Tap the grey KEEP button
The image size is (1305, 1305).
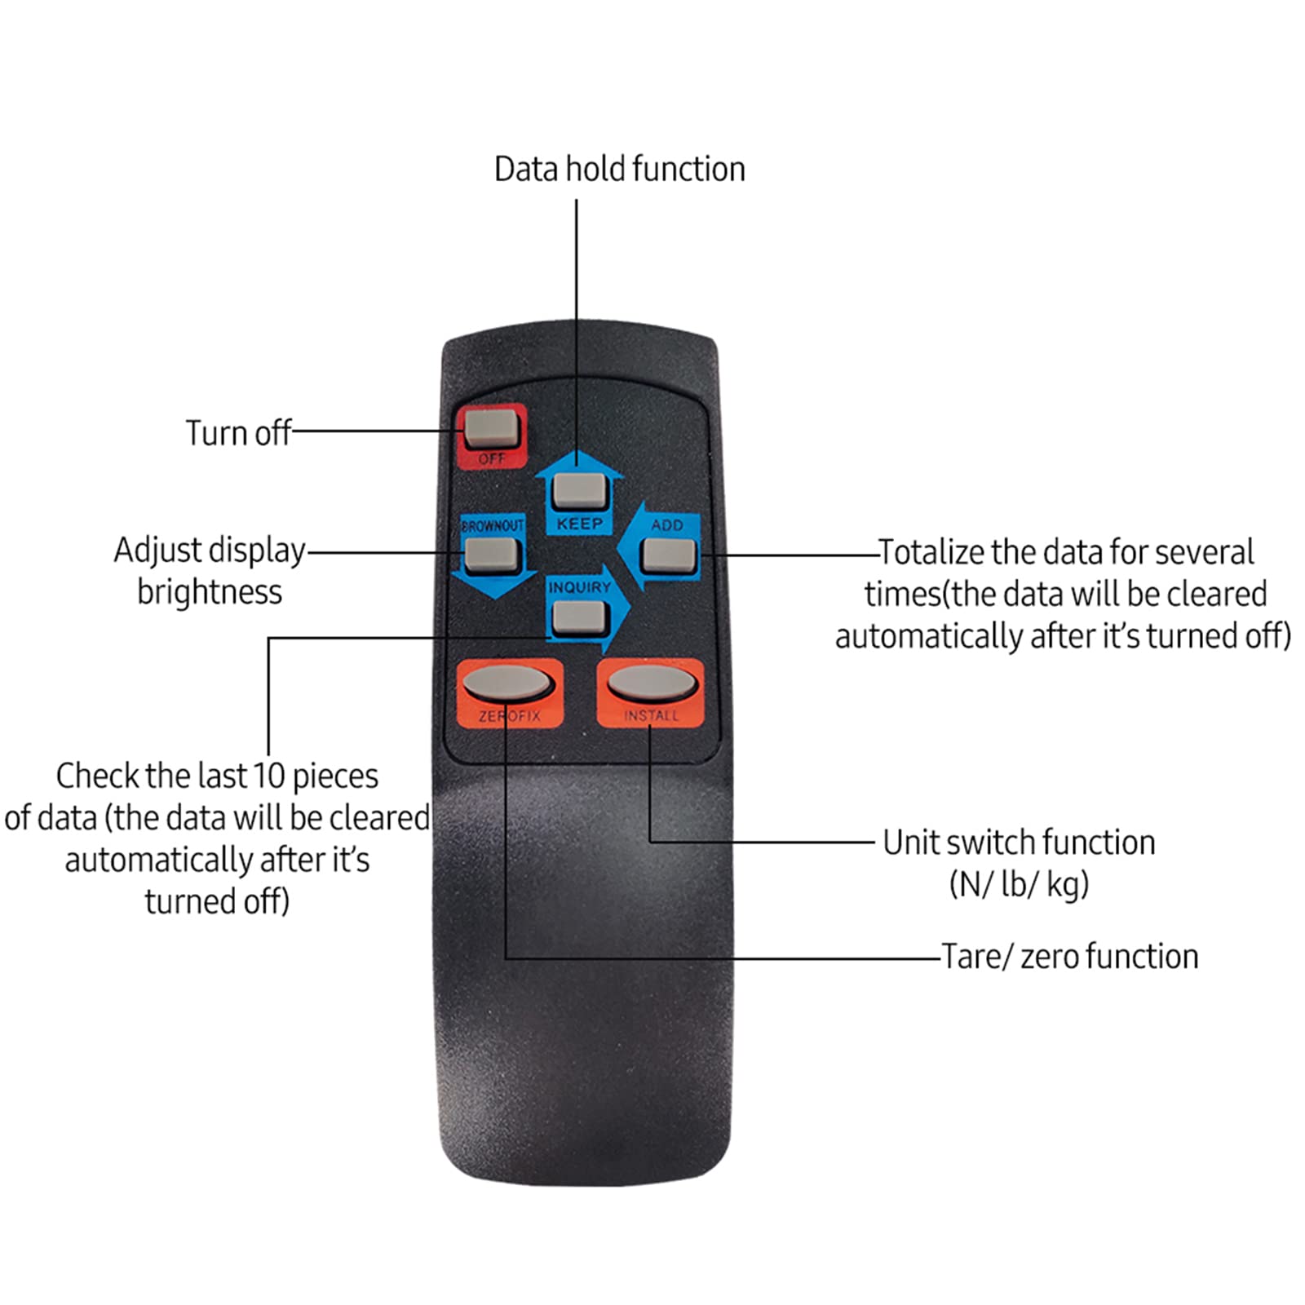[578, 490]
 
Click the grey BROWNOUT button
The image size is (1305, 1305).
[491, 555]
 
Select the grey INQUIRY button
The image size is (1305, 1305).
[578, 617]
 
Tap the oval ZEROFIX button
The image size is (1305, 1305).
[507, 683]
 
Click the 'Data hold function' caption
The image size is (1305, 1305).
[619, 170]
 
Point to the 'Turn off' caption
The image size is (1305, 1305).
[237, 433]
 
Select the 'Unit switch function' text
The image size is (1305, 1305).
[1019, 843]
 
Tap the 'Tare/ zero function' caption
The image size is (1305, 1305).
[1069, 957]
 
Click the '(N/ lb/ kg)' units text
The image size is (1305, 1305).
[1019, 884]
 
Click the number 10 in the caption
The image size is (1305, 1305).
[268, 776]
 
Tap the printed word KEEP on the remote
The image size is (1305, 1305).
[579, 524]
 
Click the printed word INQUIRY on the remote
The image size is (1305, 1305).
[579, 587]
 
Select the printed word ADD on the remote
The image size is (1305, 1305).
[666, 525]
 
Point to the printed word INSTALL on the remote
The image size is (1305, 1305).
[651, 715]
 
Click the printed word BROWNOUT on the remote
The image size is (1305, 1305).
[492, 526]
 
